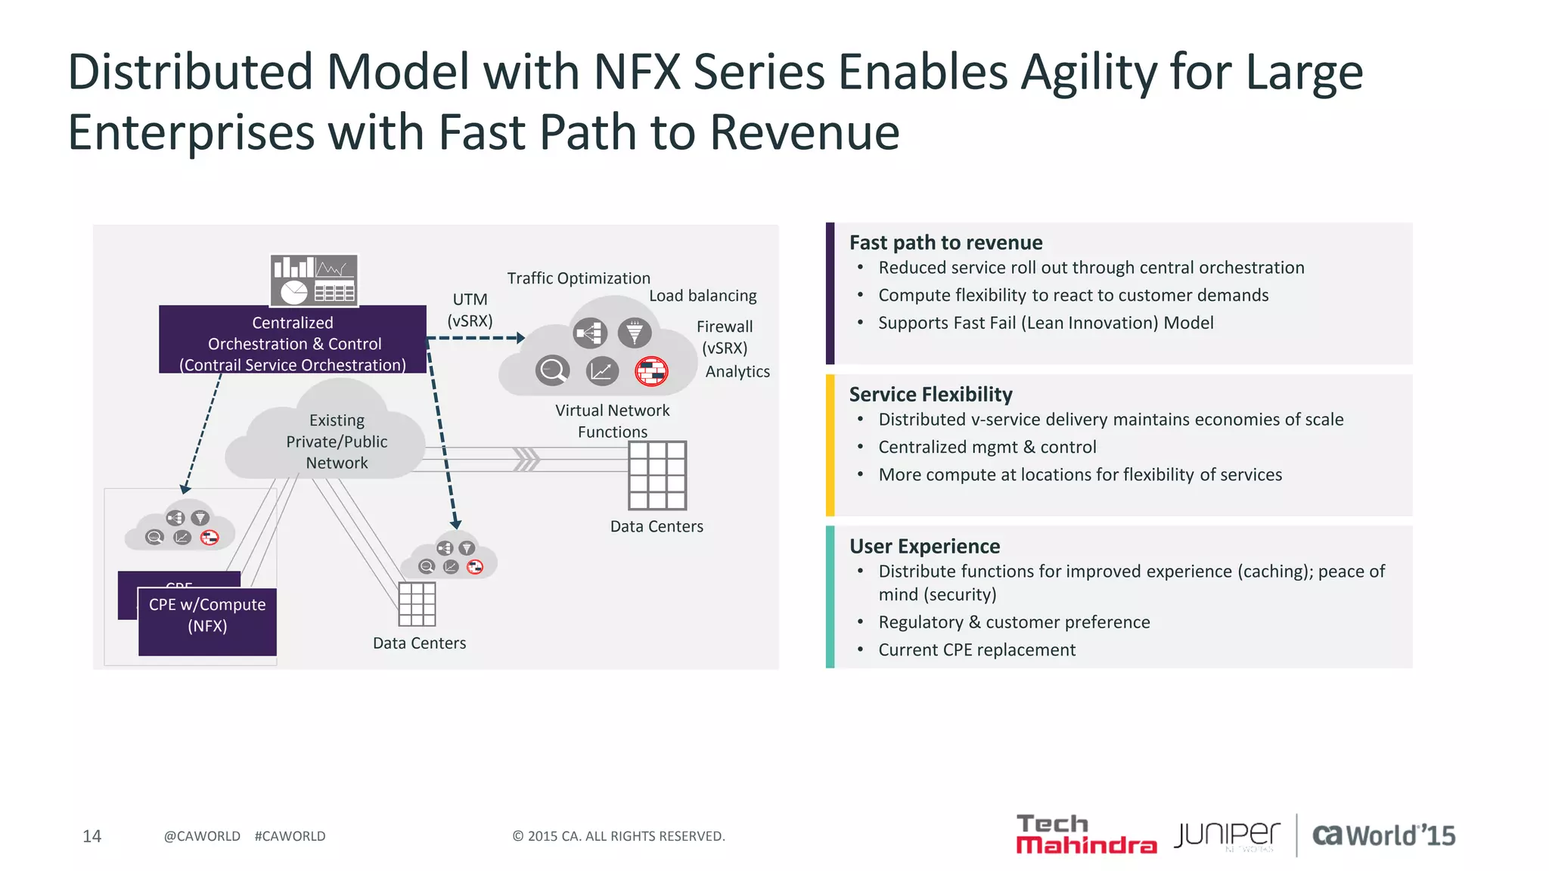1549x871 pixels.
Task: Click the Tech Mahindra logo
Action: [1085, 835]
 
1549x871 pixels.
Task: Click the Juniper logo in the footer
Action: [1227, 835]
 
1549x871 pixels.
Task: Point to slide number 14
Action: [92, 836]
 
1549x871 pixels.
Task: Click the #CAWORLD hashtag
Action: [290, 836]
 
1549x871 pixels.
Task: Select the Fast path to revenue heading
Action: [945, 243]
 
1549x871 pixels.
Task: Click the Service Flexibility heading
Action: [930, 395]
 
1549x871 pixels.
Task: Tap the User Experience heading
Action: [924, 547]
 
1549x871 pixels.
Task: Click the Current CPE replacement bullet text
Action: [976, 650]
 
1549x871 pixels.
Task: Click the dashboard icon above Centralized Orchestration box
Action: [314, 281]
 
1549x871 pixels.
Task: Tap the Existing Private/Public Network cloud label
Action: [337, 442]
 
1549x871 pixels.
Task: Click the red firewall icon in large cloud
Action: [651, 371]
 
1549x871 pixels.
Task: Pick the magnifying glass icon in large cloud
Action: [553, 370]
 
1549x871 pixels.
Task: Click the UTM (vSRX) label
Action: [470, 310]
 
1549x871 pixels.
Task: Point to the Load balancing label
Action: [703, 296]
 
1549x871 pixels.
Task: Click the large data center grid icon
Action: [657, 476]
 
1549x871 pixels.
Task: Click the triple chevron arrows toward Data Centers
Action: [526, 459]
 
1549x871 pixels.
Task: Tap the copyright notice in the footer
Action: [619, 836]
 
